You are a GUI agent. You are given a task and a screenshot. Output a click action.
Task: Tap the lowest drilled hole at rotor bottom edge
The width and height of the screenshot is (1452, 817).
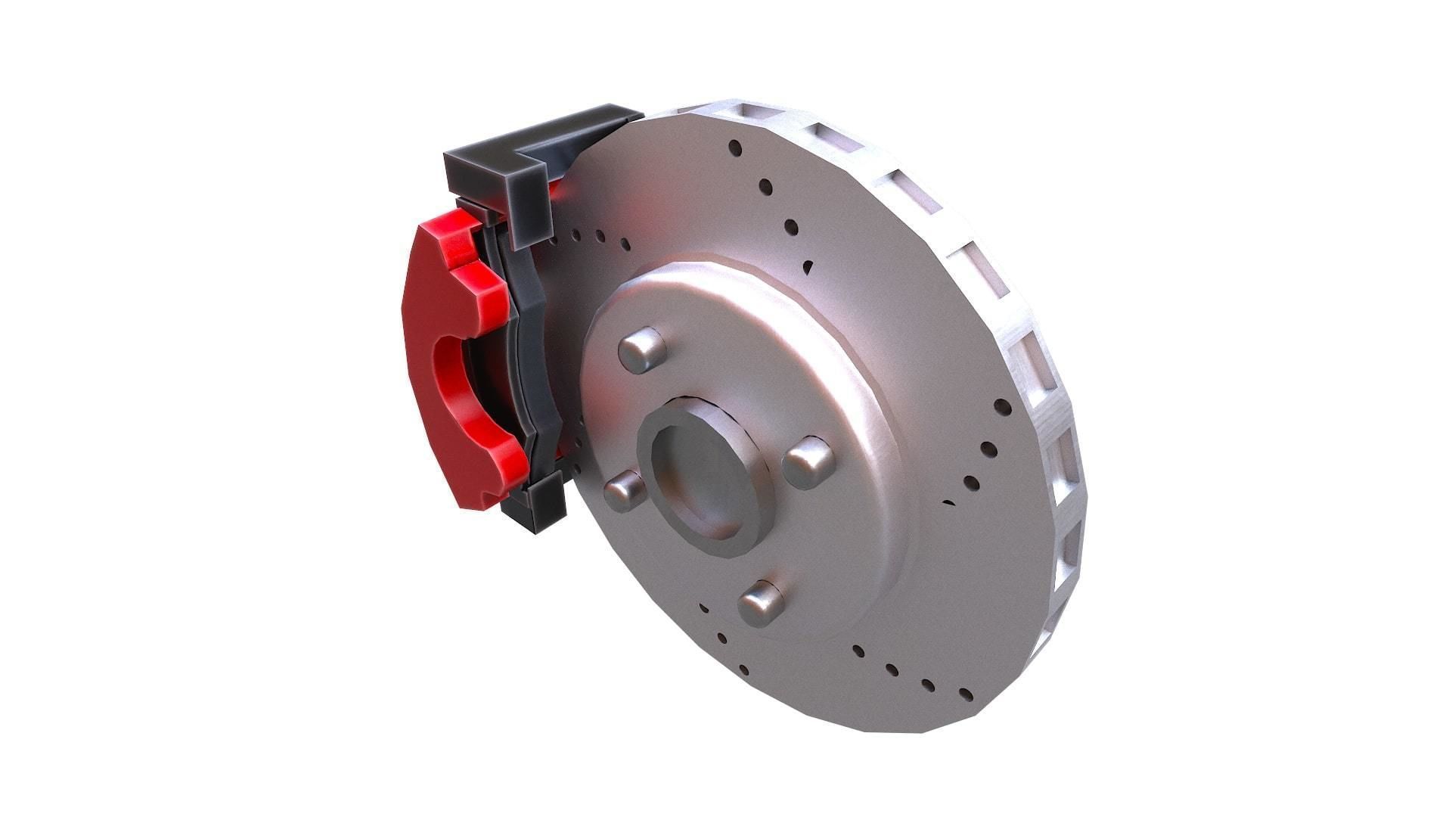pos(965,695)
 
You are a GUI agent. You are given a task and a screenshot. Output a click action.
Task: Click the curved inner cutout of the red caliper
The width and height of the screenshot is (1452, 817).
pos(454,378)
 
